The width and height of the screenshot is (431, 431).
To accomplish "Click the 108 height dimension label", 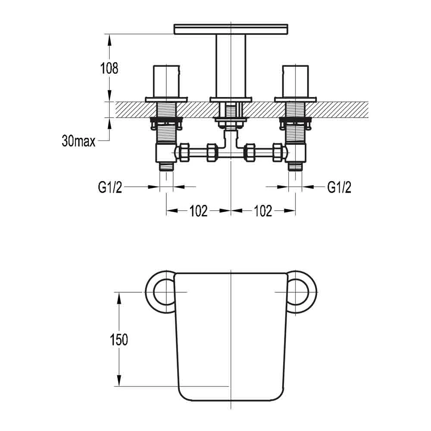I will pos(109,69).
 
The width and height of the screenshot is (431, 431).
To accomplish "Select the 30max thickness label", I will pos(78,141).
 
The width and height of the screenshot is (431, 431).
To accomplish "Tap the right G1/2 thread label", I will pos(339,187).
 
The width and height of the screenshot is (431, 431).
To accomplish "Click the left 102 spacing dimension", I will pos(198,211).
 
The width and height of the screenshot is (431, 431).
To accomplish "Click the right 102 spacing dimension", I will pos(263,211).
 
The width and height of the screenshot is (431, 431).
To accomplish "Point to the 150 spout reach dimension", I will pos(119,339).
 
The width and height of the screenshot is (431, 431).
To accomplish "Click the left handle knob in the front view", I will pos(166,81).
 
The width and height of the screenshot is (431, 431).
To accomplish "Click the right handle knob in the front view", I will pos(296,81).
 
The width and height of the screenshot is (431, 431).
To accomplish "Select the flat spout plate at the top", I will pos(231,29).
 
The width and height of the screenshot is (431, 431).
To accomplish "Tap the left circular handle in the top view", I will pos(162,292).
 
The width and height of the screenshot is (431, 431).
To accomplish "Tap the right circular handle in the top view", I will pos(300,292).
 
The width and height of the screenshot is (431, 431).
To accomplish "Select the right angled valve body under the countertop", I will pos(297,153).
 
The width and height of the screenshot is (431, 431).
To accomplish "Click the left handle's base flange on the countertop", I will pos(166,100).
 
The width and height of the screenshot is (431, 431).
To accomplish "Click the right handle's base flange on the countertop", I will pos(296,100).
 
